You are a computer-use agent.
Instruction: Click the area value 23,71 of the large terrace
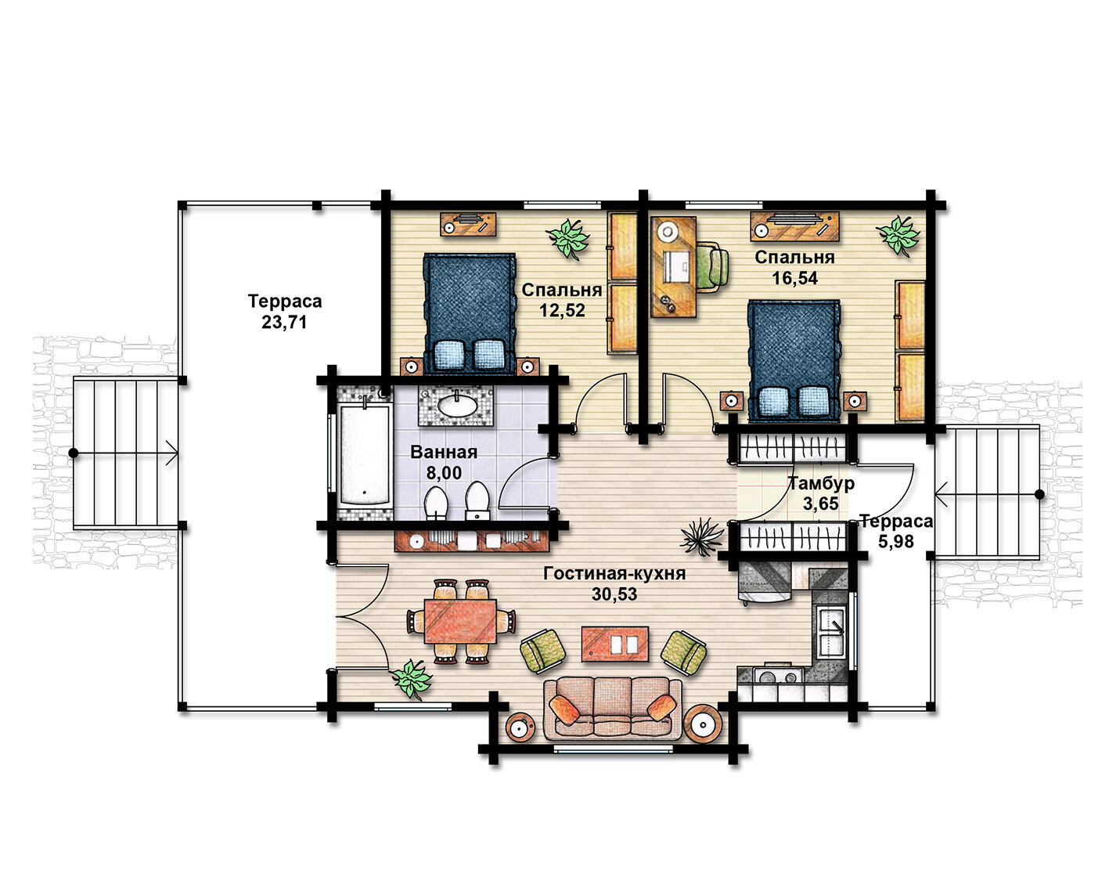(x=284, y=323)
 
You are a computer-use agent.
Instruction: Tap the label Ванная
(x=444, y=453)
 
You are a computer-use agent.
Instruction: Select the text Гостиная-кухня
(x=614, y=573)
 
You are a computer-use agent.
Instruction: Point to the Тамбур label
(x=822, y=483)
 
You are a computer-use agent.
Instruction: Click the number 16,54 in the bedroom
(x=794, y=279)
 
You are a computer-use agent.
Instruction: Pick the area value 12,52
(x=562, y=310)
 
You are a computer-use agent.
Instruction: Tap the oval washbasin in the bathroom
(x=457, y=404)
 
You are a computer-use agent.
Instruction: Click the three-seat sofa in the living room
(x=614, y=708)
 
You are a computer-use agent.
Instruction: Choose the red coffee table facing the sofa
(x=615, y=644)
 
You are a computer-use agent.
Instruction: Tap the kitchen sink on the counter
(x=830, y=632)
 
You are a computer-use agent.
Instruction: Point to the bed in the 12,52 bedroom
(x=470, y=313)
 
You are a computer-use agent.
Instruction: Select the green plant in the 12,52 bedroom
(x=567, y=238)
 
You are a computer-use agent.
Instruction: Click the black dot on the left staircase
(x=74, y=453)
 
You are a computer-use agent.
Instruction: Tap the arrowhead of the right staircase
(x=939, y=494)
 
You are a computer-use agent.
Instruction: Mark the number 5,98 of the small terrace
(x=896, y=541)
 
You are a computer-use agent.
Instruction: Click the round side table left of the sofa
(x=520, y=727)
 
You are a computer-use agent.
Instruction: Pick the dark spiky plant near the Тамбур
(x=701, y=536)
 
